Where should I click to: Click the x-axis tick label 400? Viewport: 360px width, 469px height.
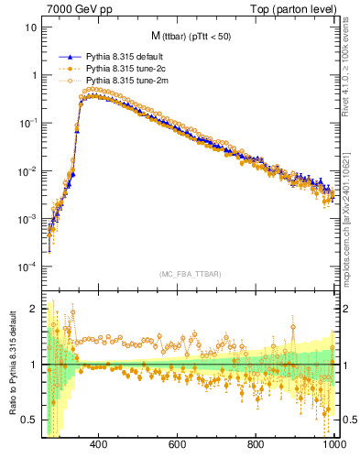coord(99,445)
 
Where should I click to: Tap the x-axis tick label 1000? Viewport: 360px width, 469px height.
coord(333,445)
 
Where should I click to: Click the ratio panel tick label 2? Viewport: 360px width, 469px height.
coord(34,309)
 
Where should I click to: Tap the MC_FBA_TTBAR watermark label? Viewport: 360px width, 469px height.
coord(191,275)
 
